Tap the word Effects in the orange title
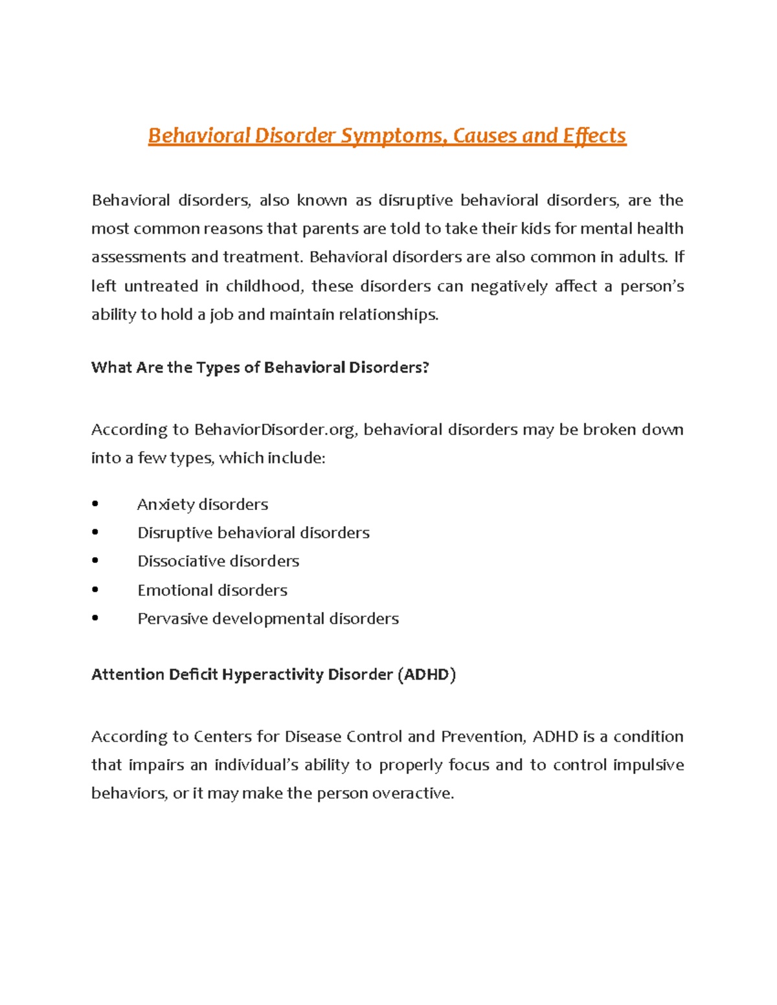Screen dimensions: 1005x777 pyautogui.click(x=594, y=136)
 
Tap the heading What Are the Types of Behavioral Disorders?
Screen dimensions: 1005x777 pyautogui.click(x=260, y=368)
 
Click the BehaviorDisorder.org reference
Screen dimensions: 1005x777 pyautogui.click(x=275, y=430)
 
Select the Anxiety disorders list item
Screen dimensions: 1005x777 pyautogui.click(x=203, y=504)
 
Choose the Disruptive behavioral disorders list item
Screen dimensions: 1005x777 pyautogui.click(x=253, y=533)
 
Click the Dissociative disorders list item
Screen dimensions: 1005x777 pyautogui.click(x=218, y=561)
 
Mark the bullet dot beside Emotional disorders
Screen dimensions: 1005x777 pyautogui.click(x=95, y=590)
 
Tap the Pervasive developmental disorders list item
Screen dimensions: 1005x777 pyautogui.click(x=268, y=619)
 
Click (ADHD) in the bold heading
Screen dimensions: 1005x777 pyautogui.click(x=427, y=674)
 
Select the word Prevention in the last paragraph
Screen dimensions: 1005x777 pyautogui.click(x=483, y=736)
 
